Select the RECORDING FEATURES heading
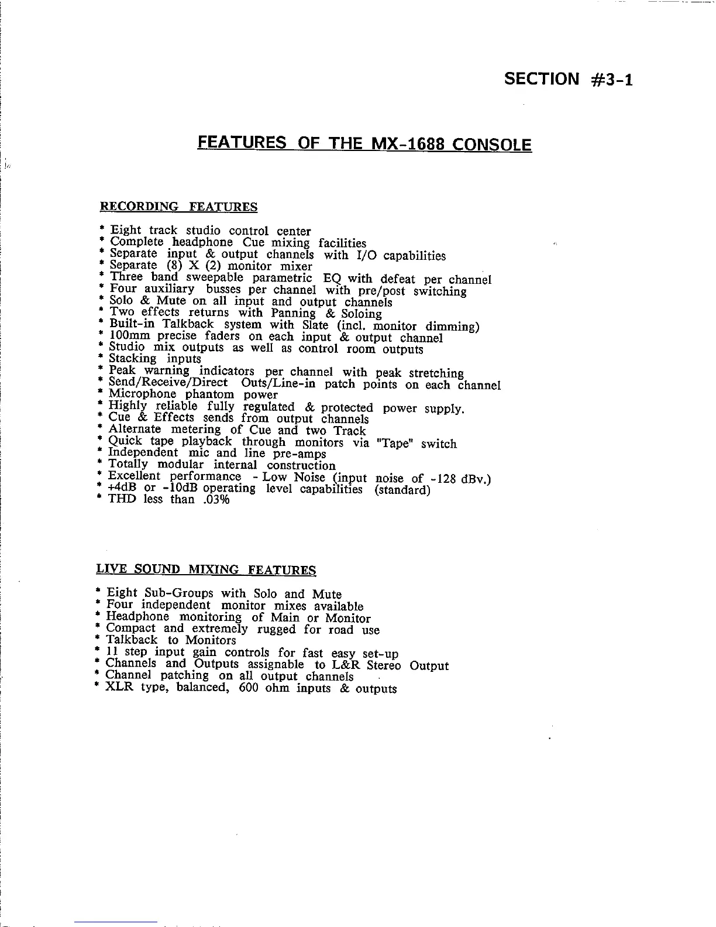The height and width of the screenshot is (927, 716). point(179,207)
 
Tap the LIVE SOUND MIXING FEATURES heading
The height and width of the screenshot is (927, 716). point(206,569)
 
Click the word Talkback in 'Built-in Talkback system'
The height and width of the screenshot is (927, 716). point(188,325)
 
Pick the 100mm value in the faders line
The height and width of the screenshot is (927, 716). point(130,337)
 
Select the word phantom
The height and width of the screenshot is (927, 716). point(210,394)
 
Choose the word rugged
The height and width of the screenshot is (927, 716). point(277,630)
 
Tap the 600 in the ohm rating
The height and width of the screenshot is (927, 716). point(249,688)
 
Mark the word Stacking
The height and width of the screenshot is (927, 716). point(133,359)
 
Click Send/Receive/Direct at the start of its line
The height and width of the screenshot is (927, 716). point(168,383)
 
